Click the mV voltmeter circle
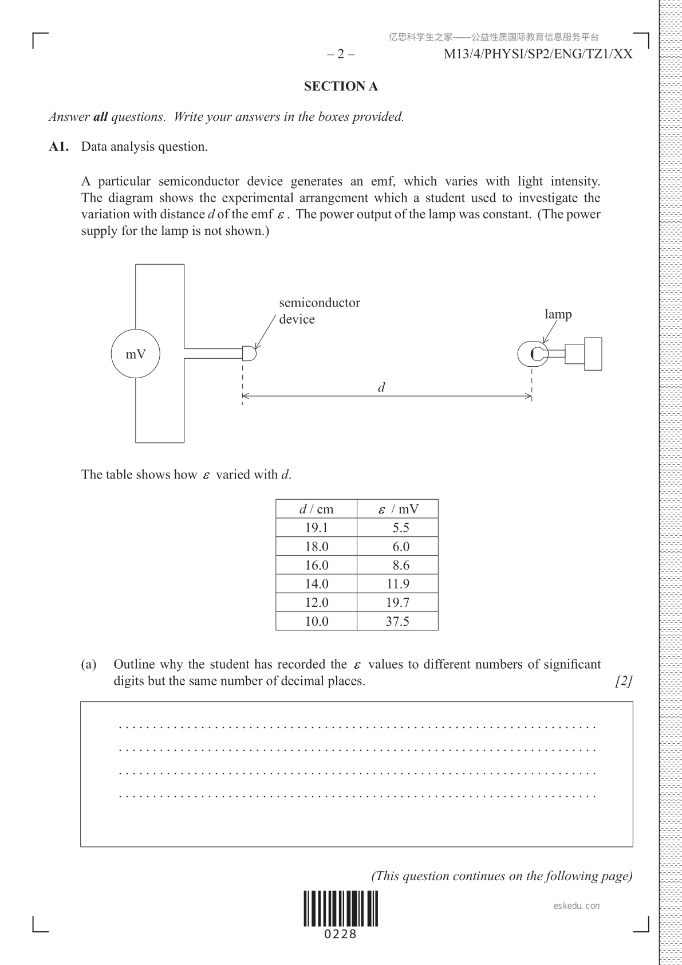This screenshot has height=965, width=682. click(x=136, y=354)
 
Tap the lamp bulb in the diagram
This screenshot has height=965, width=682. click(x=533, y=354)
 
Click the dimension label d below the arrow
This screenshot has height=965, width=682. click(x=381, y=387)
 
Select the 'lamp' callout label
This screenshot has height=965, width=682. click(x=558, y=314)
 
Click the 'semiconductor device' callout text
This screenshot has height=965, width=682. click(x=319, y=311)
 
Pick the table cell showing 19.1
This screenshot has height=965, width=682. click(x=316, y=528)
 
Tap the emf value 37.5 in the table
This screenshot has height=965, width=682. click(x=397, y=621)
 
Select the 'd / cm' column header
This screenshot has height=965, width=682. click(x=316, y=509)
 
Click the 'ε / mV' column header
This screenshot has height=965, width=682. click(x=398, y=509)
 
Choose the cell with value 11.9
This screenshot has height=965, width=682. click(x=397, y=584)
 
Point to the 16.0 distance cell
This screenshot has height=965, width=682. click(x=316, y=565)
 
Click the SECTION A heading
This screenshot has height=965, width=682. click(x=341, y=87)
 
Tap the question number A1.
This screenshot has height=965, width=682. click(x=59, y=147)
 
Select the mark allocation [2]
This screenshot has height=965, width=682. click(x=624, y=681)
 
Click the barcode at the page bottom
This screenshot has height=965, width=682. click(x=341, y=909)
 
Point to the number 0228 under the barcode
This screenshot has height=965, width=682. click(x=341, y=935)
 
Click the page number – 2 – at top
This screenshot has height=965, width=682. click(x=341, y=54)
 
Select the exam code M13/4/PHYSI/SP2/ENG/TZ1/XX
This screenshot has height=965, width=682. click(x=538, y=54)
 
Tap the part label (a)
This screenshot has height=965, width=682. click(x=89, y=665)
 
